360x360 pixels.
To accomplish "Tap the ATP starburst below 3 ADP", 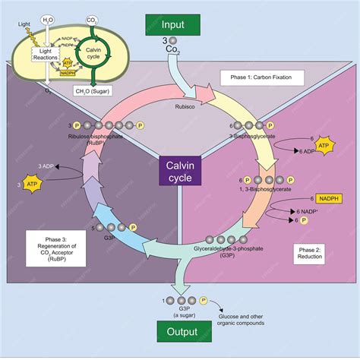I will pyautogui.click(x=32, y=185).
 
